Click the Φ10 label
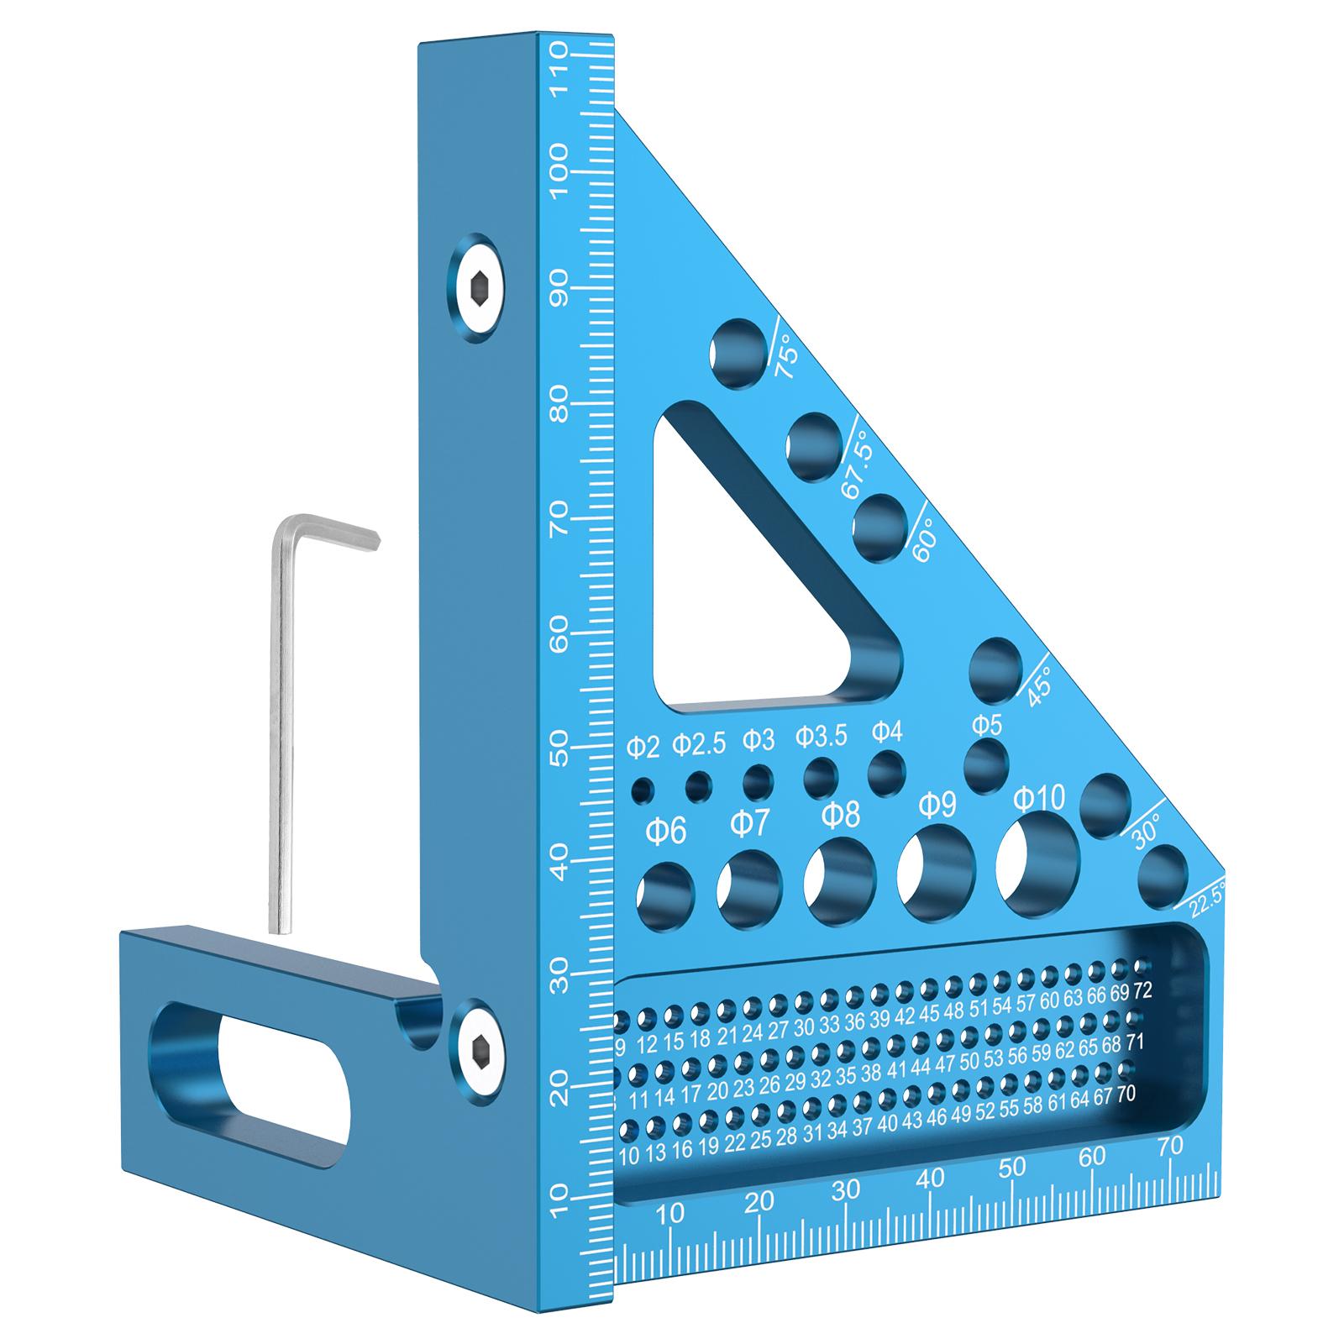pos(1038,799)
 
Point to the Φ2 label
pos(643,744)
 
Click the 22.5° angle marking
pos(1209,897)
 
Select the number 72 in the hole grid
pos(1142,991)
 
